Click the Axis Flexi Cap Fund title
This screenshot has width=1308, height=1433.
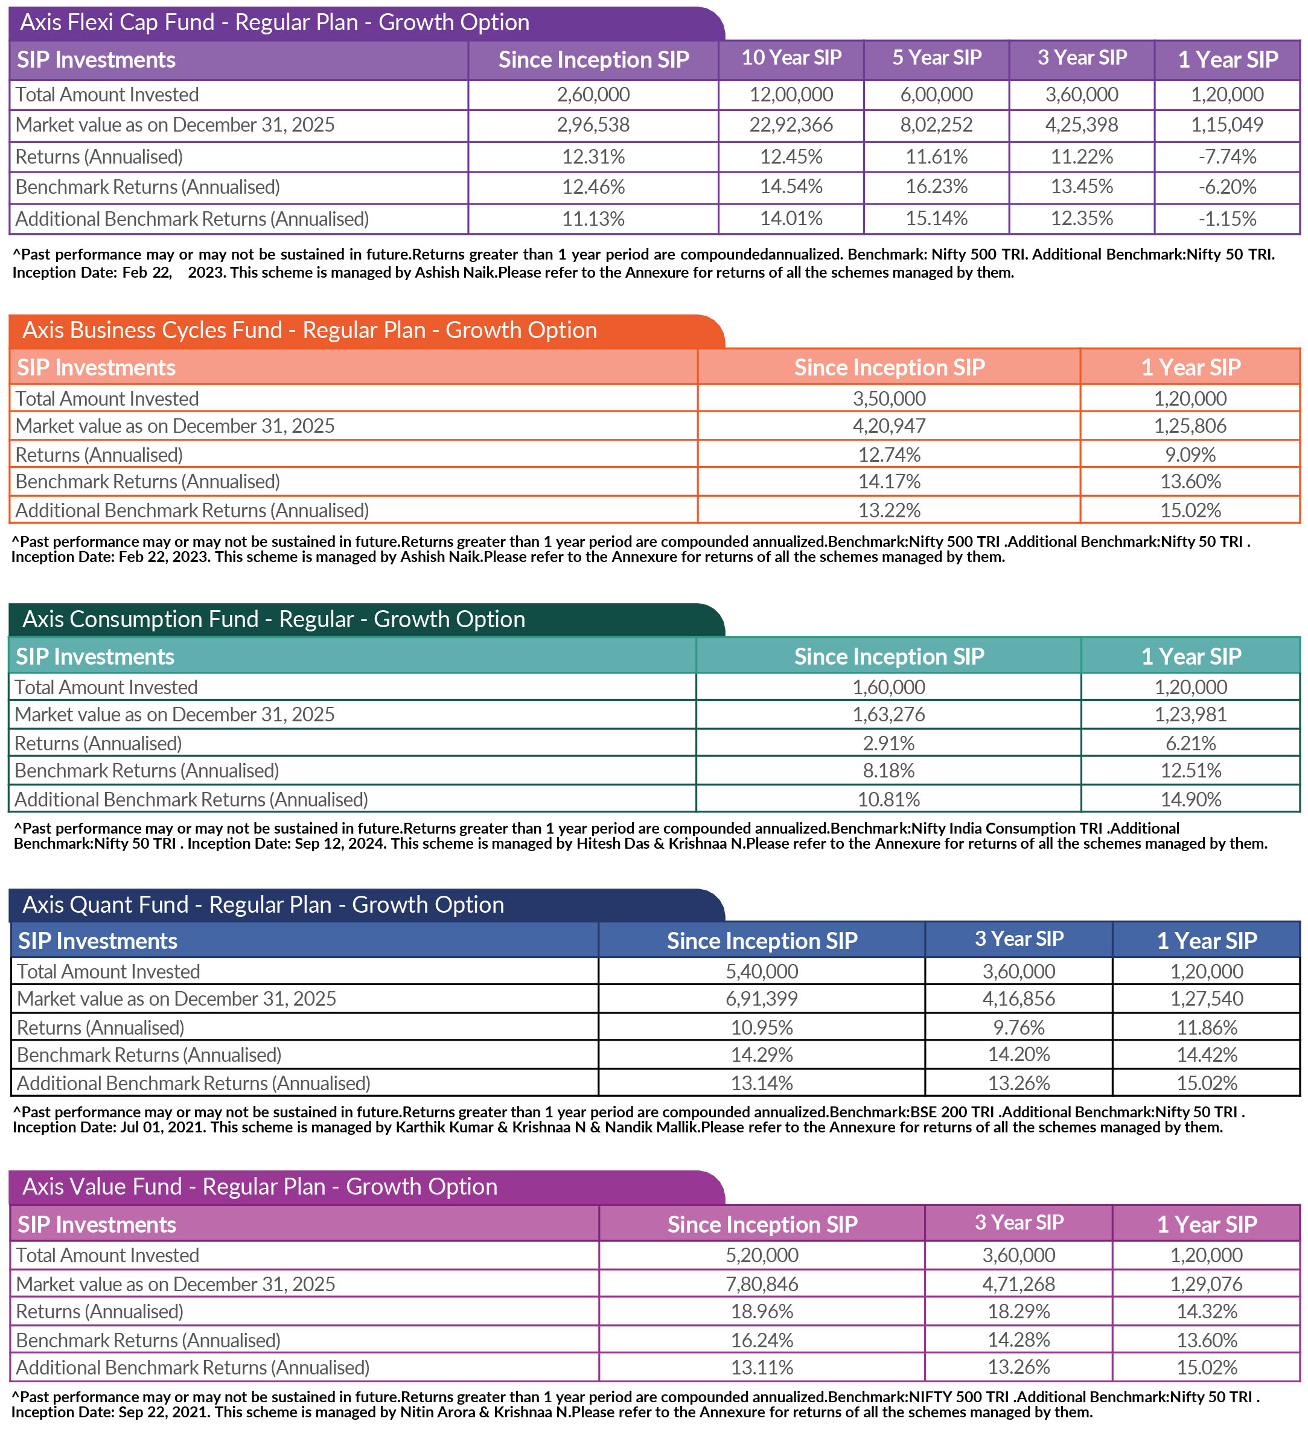pos(275,23)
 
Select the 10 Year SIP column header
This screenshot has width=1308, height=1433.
pos(791,59)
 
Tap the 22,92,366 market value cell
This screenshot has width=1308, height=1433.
pos(791,125)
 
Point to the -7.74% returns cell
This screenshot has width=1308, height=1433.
pos(1227,156)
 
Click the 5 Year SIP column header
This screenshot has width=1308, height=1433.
pos(936,59)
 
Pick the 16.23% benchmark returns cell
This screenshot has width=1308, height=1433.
pos(936,187)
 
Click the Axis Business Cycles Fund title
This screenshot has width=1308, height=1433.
pos(309,331)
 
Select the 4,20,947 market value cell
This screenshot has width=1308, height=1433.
pos(888,426)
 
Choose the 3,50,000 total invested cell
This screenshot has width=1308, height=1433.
pos(888,399)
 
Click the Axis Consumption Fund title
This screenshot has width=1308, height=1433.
pos(273,619)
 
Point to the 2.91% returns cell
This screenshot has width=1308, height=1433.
pos(888,744)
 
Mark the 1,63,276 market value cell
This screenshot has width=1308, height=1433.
pos(888,714)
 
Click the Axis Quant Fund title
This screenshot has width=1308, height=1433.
pos(263,905)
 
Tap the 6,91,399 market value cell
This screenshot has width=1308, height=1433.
pos(761,998)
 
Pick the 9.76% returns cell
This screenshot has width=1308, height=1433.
pos(1018,1028)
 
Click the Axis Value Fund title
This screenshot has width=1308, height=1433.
pos(260,1187)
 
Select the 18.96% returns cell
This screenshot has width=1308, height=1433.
pos(761,1312)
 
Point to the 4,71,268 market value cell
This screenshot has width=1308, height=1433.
pos(1018,1285)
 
